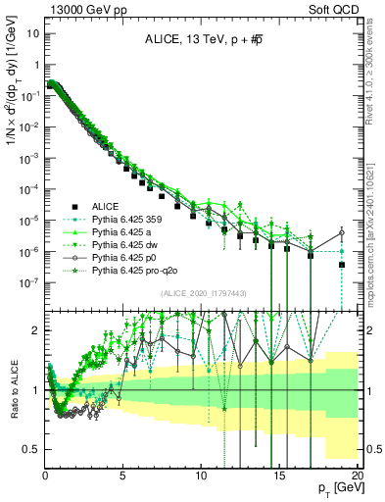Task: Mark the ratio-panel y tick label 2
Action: coord(37,330)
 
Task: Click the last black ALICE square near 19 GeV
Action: coord(341,265)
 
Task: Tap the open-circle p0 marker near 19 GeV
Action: coord(341,232)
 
